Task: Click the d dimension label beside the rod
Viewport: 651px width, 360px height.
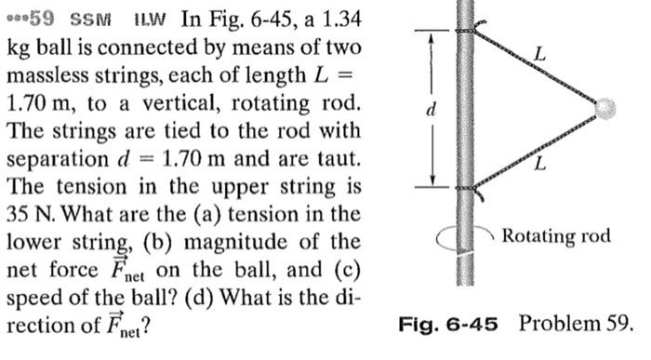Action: (x=429, y=110)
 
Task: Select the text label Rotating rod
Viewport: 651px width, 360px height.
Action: (x=555, y=236)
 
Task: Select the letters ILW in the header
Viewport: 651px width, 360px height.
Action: (x=147, y=19)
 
